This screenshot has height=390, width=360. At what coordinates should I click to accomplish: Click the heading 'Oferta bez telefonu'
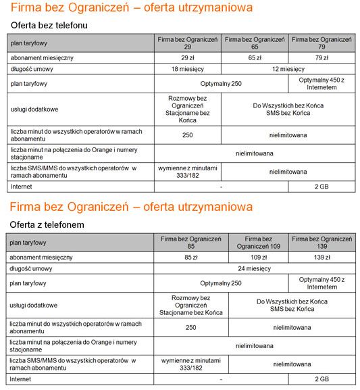[49, 25]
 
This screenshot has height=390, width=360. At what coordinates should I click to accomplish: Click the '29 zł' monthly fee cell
[187, 58]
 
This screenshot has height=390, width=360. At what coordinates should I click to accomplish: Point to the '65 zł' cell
[255, 58]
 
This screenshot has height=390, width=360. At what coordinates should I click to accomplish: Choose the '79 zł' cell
[322, 58]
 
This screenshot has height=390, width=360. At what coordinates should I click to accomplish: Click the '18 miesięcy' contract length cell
[187, 69]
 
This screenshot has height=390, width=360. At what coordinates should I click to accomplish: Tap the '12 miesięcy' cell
[288, 69]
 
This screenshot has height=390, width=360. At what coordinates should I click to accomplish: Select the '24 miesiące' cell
[255, 268]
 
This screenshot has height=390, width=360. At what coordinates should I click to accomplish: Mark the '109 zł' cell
[259, 258]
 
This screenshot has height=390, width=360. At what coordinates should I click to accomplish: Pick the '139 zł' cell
[322, 258]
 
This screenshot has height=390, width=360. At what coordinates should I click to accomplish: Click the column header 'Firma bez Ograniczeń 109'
[259, 243]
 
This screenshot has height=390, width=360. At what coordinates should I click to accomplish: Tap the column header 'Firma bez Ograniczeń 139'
[322, 243]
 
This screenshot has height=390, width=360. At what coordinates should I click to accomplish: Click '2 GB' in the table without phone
[322, 185]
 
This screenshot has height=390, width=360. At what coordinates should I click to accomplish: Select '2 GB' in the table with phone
[322, 379]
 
